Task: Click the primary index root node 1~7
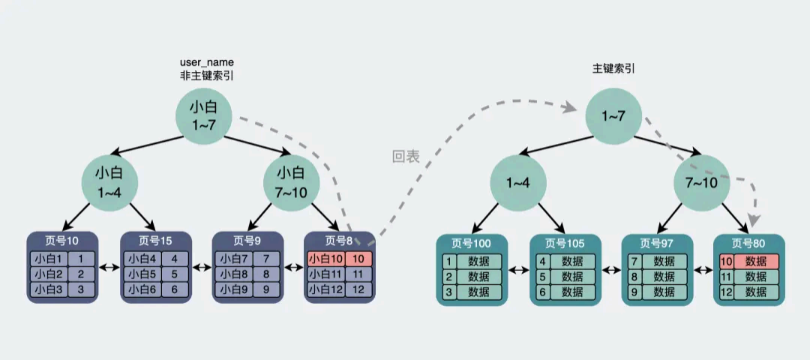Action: pos(613,116)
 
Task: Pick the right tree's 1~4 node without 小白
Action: pos(518,183)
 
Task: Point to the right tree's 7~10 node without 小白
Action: pos(702,183)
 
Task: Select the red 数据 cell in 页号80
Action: pos(756,262)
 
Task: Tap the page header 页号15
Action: pos(156,241)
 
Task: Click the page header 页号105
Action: pos(565,243)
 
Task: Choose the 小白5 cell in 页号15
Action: pos(142,274)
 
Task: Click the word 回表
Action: pos(406,157)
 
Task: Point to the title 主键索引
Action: pos(613,68)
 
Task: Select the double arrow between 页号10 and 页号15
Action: pos(110,267)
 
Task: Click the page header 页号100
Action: pos(472,243)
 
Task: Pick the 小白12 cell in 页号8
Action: pos(326,289)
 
